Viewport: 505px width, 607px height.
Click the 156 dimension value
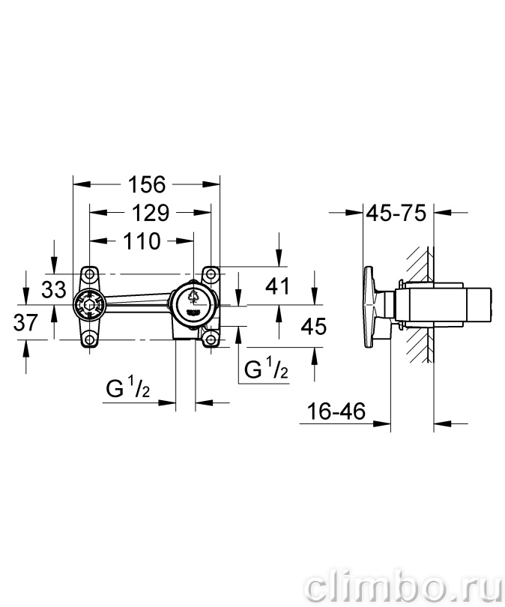[147, 184]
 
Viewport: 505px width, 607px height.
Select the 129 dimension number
[151, 213]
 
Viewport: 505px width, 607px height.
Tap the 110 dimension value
[142, 241]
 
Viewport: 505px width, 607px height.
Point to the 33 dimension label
[54, 289]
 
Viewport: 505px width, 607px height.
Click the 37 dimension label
[25, 322]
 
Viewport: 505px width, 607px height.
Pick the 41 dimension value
[277, 286]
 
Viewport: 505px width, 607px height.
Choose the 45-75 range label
[396, 213]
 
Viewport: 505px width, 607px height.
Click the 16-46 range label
[336, 411]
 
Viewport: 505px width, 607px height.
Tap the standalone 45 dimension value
[314, 326]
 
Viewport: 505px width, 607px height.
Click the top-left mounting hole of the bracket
[90, 274]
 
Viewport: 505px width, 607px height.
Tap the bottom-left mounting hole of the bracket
[90, 339]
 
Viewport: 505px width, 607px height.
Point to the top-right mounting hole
[211, 274]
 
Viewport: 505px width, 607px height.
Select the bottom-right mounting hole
[211, 339]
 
